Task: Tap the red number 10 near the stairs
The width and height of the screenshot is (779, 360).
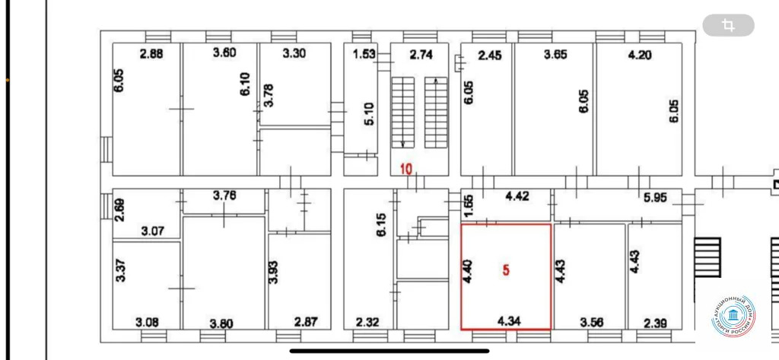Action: click(x=406, y=169)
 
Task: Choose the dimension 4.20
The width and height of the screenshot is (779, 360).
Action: click(x=640, y=55)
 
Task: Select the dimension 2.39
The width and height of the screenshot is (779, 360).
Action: click(x=653, y=323)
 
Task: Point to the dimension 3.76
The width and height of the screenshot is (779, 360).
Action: click(x=224, y=195)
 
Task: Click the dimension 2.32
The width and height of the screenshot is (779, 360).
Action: click(x=368, y=323)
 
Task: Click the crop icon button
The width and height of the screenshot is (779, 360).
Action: click(x=728, y=26)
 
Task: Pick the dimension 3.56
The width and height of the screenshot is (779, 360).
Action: click(x=591, y=323)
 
